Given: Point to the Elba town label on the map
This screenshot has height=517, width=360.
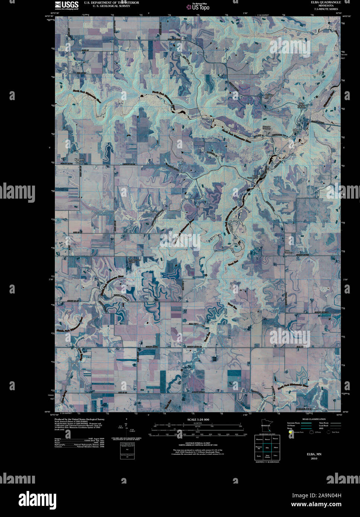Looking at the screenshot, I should pyautogui.click(x=296, y=130).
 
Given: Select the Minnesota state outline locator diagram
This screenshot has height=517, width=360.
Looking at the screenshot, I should pyautogui.click(x=266, y=426).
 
